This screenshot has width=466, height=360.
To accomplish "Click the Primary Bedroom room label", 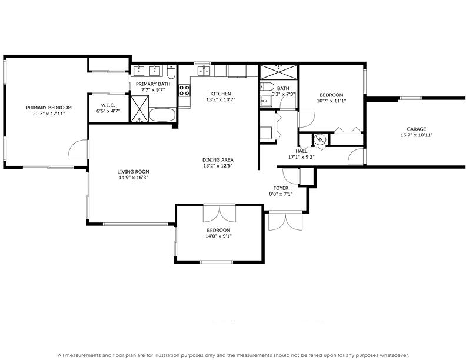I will (x=49, y=108).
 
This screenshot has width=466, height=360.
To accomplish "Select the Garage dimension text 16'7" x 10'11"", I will (x=416, y=135).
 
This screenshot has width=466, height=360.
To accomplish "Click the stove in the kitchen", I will (x=184, y=91).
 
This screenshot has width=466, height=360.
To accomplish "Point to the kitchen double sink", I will (x=204, y=71).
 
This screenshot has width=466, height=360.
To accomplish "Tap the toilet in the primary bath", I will (x=171, y=72).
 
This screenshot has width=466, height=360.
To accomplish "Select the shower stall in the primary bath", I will (x=139, y=109).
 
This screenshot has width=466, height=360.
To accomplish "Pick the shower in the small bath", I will (x=279, y=72).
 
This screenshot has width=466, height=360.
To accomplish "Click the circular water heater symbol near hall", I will (x=319, y=139).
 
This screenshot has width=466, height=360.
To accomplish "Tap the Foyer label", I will (x=281, y=188).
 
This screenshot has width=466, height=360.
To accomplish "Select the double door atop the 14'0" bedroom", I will (x=219, y=213).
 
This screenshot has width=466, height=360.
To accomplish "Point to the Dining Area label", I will (x=218, y=159).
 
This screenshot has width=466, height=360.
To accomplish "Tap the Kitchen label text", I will (x=221, y=94).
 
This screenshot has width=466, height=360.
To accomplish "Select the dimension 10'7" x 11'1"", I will (x=332, y=101).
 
